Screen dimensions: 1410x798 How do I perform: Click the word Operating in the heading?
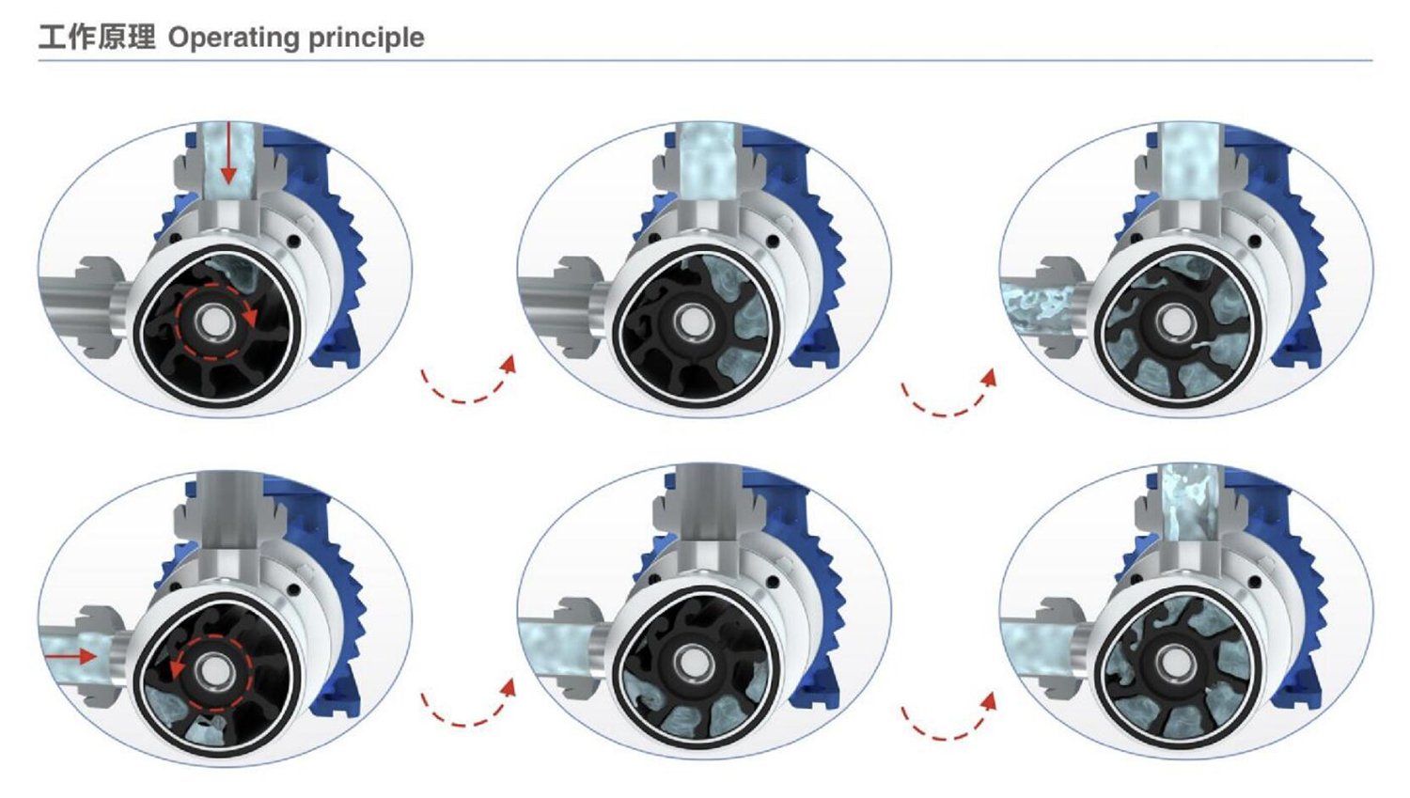point(234,39)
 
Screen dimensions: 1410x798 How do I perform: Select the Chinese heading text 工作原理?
point(97,38)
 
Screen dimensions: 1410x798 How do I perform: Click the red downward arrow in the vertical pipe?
point(228,153)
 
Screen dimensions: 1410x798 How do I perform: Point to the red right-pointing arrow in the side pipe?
point(70,656)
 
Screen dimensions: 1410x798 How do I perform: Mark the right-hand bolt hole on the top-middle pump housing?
point(775,242)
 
